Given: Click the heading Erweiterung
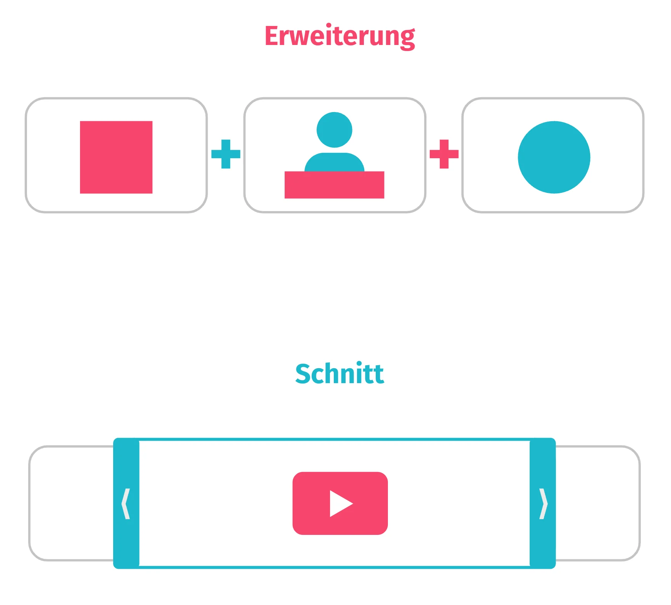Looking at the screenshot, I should coord(340,37).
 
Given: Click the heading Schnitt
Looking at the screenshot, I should coord(340,374).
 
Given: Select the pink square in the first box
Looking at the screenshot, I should coord(116,157).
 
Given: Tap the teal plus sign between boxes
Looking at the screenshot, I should coord(226,154).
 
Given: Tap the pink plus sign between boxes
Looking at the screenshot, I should coord(444,154).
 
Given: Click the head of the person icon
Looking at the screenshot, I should coord(335,130).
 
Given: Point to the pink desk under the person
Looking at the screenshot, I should coord(334,185).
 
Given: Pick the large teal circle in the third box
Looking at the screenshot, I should coord(554,157).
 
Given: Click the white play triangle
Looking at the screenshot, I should coord(339,504).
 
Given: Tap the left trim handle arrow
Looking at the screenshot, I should coord(126,504).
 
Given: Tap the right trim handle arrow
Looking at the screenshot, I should coord(543,504).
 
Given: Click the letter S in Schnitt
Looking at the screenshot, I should coord(304,374).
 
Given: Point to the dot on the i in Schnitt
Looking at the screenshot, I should coord(359,363).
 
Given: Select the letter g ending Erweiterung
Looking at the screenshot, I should coord(407,39).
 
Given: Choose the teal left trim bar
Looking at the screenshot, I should coord(127,465).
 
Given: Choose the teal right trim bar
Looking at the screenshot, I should coord(543,465).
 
